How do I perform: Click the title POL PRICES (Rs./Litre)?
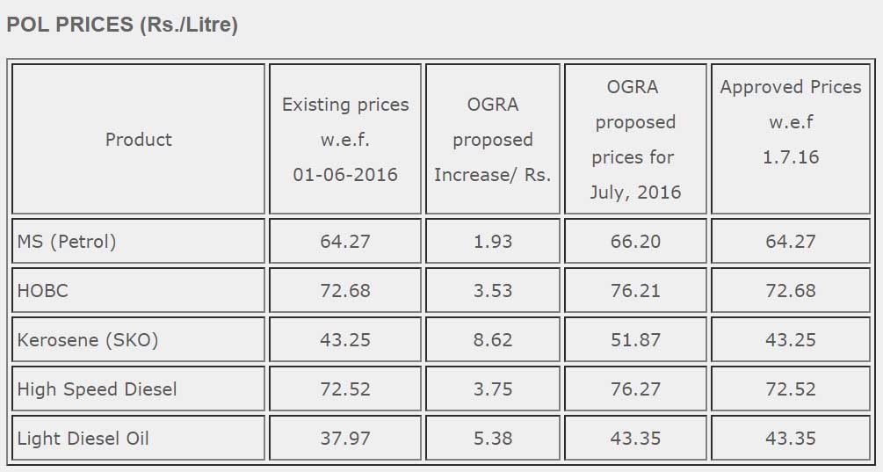pyautogui.click(x=122, y=25)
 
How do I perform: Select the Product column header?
pyautogui.click(x=138, y=140)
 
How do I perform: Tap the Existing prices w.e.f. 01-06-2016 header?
pyautogui.click(x=345, y=140)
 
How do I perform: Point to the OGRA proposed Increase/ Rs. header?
pyautogui.click(x=493, y=140)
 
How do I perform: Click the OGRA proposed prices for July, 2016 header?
pyautogui.click(x=635, y=140)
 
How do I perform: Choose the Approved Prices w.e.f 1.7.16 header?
pyautogui.click(x=791, y=122)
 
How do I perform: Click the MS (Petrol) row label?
pyautogui.click(x=67, y=242)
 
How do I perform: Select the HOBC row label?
pyautogui.click(x=42, y=291)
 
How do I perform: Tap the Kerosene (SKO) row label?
pyautogui.click(x=88, y=340)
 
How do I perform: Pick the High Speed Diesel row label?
pyautogui.click(x=97, y=389)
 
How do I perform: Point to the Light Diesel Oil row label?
pyautogui.click(x=83, y=439)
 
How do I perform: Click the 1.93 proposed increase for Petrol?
pyautogui.click(x=493, y=242)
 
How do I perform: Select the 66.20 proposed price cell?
pyautogui.click(x=635, y=242)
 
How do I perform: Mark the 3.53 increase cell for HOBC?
pyautogui.click(x=493, y=291)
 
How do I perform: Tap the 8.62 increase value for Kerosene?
pyautogui.click(x=493, y=340)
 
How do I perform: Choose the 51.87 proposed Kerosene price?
pyautogui.click(x=635, y=340)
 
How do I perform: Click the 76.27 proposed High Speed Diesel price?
pyautogui.click(x=635, y=389)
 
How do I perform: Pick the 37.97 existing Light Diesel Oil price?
pyautogui.click(x=345, y=439)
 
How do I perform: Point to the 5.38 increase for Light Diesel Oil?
pyautogui.click(x=493, y=439)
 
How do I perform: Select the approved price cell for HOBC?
pyautogui.click(x=791, y=291)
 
